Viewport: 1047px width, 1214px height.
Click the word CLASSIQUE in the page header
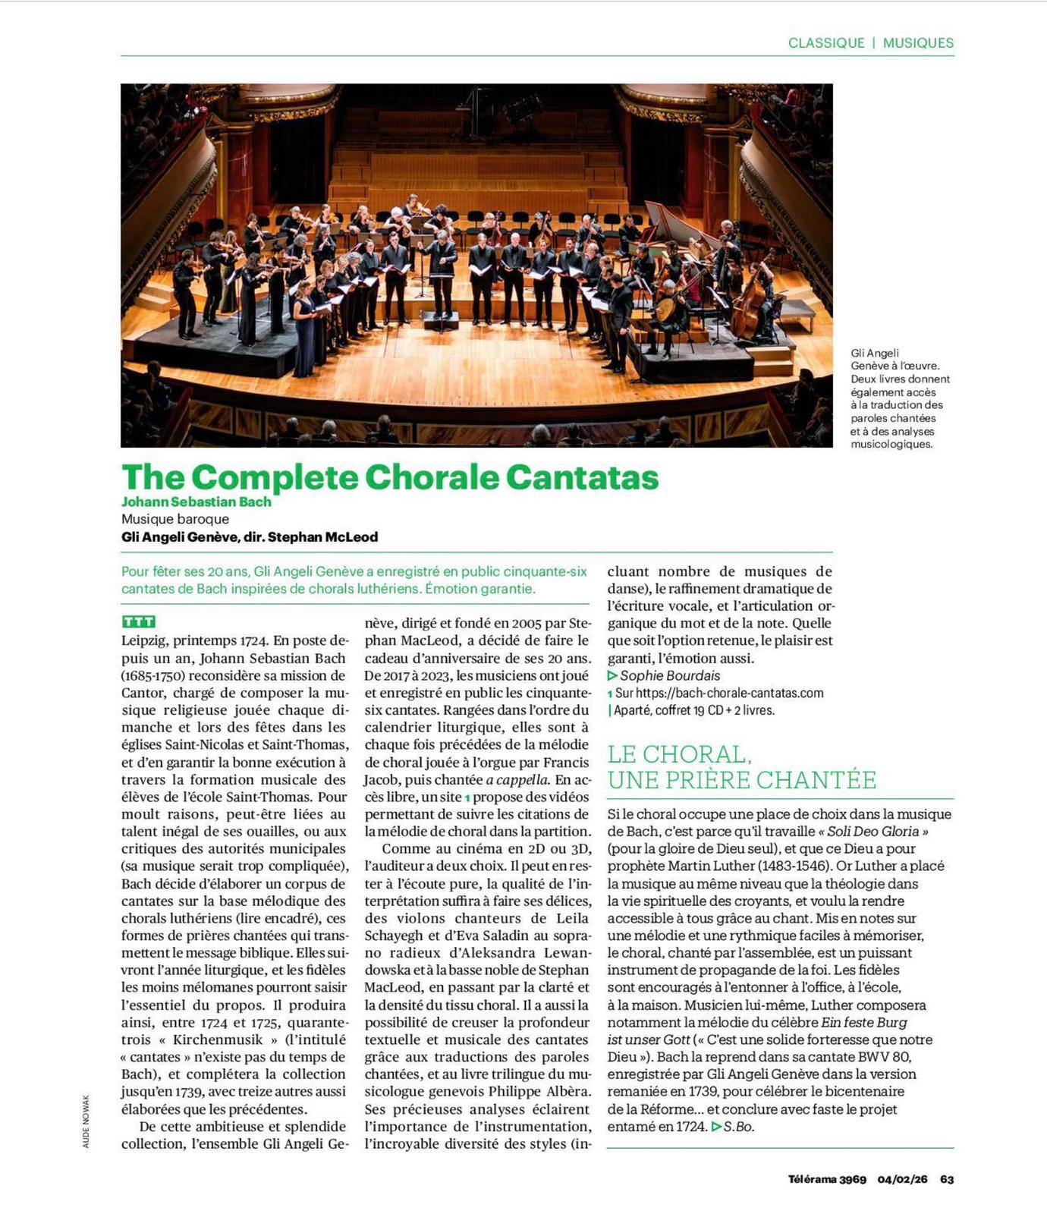825,43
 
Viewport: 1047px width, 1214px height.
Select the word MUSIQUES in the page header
918,43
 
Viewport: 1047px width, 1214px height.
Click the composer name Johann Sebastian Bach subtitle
197,502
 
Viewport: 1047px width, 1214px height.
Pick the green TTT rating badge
138,621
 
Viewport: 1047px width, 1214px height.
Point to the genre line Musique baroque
175,519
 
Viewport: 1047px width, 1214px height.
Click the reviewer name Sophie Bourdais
670,675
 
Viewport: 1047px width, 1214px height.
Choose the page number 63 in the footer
947,1179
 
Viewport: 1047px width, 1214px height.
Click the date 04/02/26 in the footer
902,1179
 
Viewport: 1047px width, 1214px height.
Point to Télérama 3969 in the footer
827,1179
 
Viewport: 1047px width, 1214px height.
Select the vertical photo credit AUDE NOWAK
86,1121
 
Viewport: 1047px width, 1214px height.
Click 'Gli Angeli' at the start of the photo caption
874,353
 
